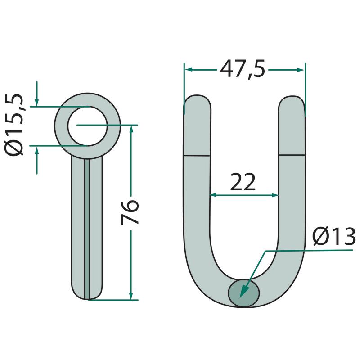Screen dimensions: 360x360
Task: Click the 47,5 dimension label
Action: pos(243,69)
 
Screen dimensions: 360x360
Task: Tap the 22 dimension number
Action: pos(243,182)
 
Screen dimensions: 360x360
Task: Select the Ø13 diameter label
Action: pos(334,237)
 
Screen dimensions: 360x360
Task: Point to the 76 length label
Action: pos(130,212)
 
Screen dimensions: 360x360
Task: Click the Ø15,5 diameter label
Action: pos(14,125)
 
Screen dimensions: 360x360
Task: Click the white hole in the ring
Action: pos(87,126)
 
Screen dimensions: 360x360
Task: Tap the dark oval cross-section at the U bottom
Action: pos(244,293)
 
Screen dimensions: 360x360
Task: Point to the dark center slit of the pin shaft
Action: pos(87,229)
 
